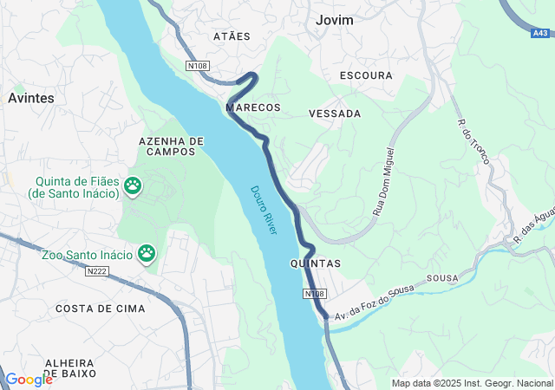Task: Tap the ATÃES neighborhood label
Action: [232, 36]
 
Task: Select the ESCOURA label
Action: [366, 75]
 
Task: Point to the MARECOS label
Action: [252, 107]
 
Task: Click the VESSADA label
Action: [335, 114]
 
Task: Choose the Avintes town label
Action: [31, 98]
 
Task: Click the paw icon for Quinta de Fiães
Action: [133, 185]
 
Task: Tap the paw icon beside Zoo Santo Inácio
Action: [147, 253]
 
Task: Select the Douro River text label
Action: [264, 210]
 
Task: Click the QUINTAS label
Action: [315, 263]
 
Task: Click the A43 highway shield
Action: [539, 33]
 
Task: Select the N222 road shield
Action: [98, 271]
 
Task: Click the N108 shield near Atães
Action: [198, 65]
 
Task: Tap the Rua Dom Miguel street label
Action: [384, 181]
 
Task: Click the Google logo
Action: [29, 379]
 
